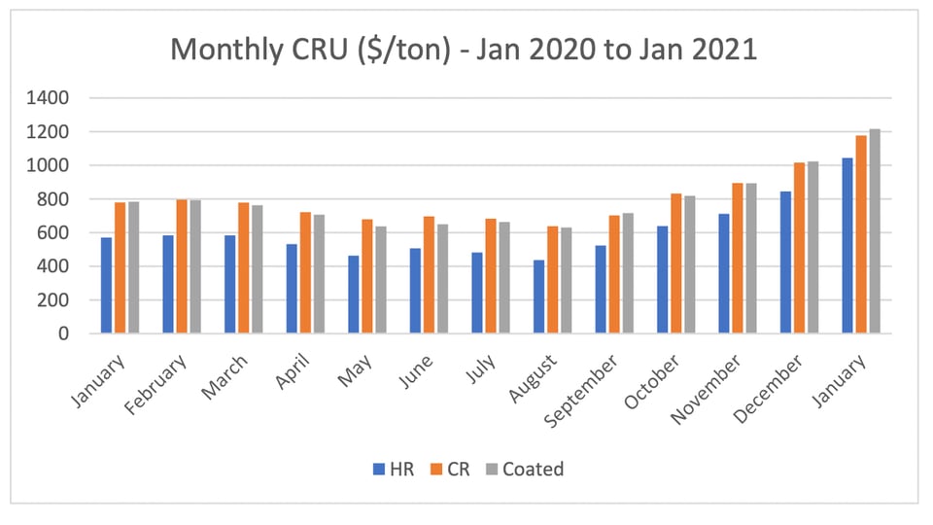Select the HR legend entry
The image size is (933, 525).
(x=394, y=469)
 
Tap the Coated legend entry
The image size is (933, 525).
(x=524, y=469)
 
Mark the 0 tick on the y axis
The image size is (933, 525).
(x=64, y=333)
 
